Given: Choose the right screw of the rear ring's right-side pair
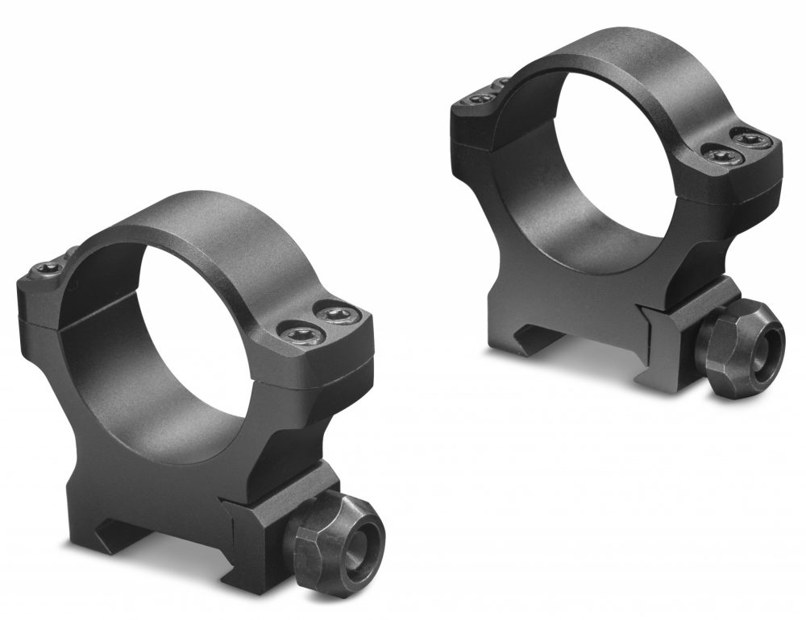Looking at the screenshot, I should [x=750, y=139].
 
